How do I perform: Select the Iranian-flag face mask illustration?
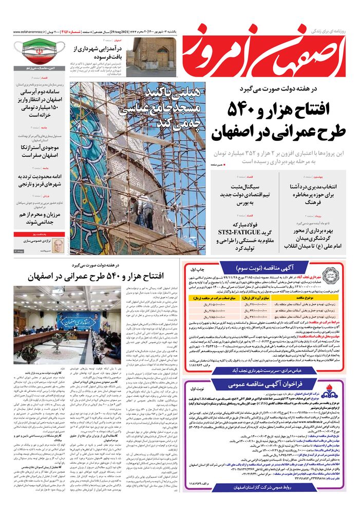(x=37, y=54)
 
